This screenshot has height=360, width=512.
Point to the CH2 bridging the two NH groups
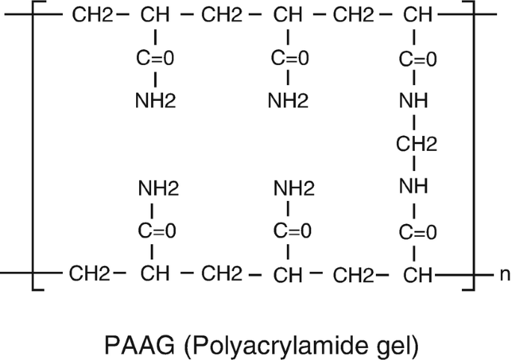coord(416,144)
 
